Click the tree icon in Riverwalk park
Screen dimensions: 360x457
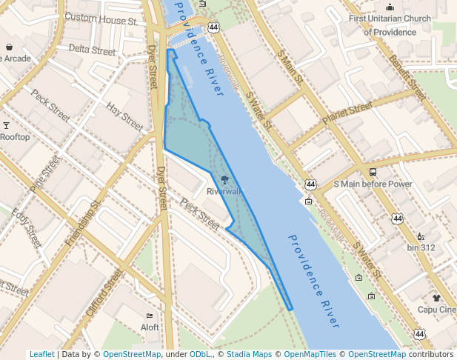[x=224, y=179]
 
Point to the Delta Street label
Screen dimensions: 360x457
[x=93, y=50]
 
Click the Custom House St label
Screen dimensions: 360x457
[x=102, y=19]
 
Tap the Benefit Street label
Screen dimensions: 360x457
[x=407, y=78]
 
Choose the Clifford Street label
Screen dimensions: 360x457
[x=103, y=293]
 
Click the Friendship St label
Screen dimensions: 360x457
[x=82, y=223]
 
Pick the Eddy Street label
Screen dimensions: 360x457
[x=27, y=229]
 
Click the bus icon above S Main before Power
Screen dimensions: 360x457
[x=373, y=172]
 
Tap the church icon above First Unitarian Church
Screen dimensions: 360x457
[x=390, y=7]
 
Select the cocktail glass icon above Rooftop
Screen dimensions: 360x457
[x=7, y=125]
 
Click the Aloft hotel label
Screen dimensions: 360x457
[x=150, y=327]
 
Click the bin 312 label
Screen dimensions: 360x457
[x=421, y=247]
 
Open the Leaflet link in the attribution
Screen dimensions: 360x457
[x=42, y=355]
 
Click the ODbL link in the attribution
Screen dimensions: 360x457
[x=201, y=355]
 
